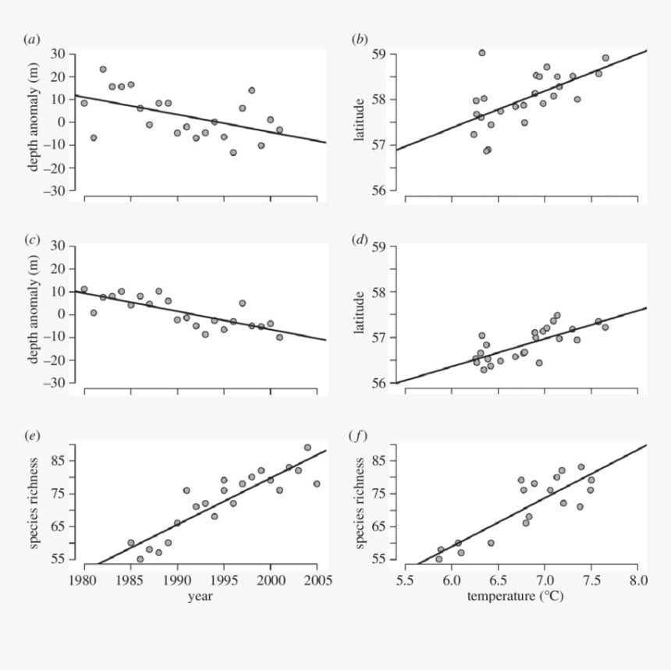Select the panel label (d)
pos(360,238)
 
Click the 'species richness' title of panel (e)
pos(35,505)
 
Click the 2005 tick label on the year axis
pos(317,581)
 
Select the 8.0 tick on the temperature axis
pos(637,581)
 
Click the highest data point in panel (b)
pos(482,53)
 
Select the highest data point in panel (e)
pos(307,448)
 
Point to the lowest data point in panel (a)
pos(233,152)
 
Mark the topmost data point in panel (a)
pos(103,69)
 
